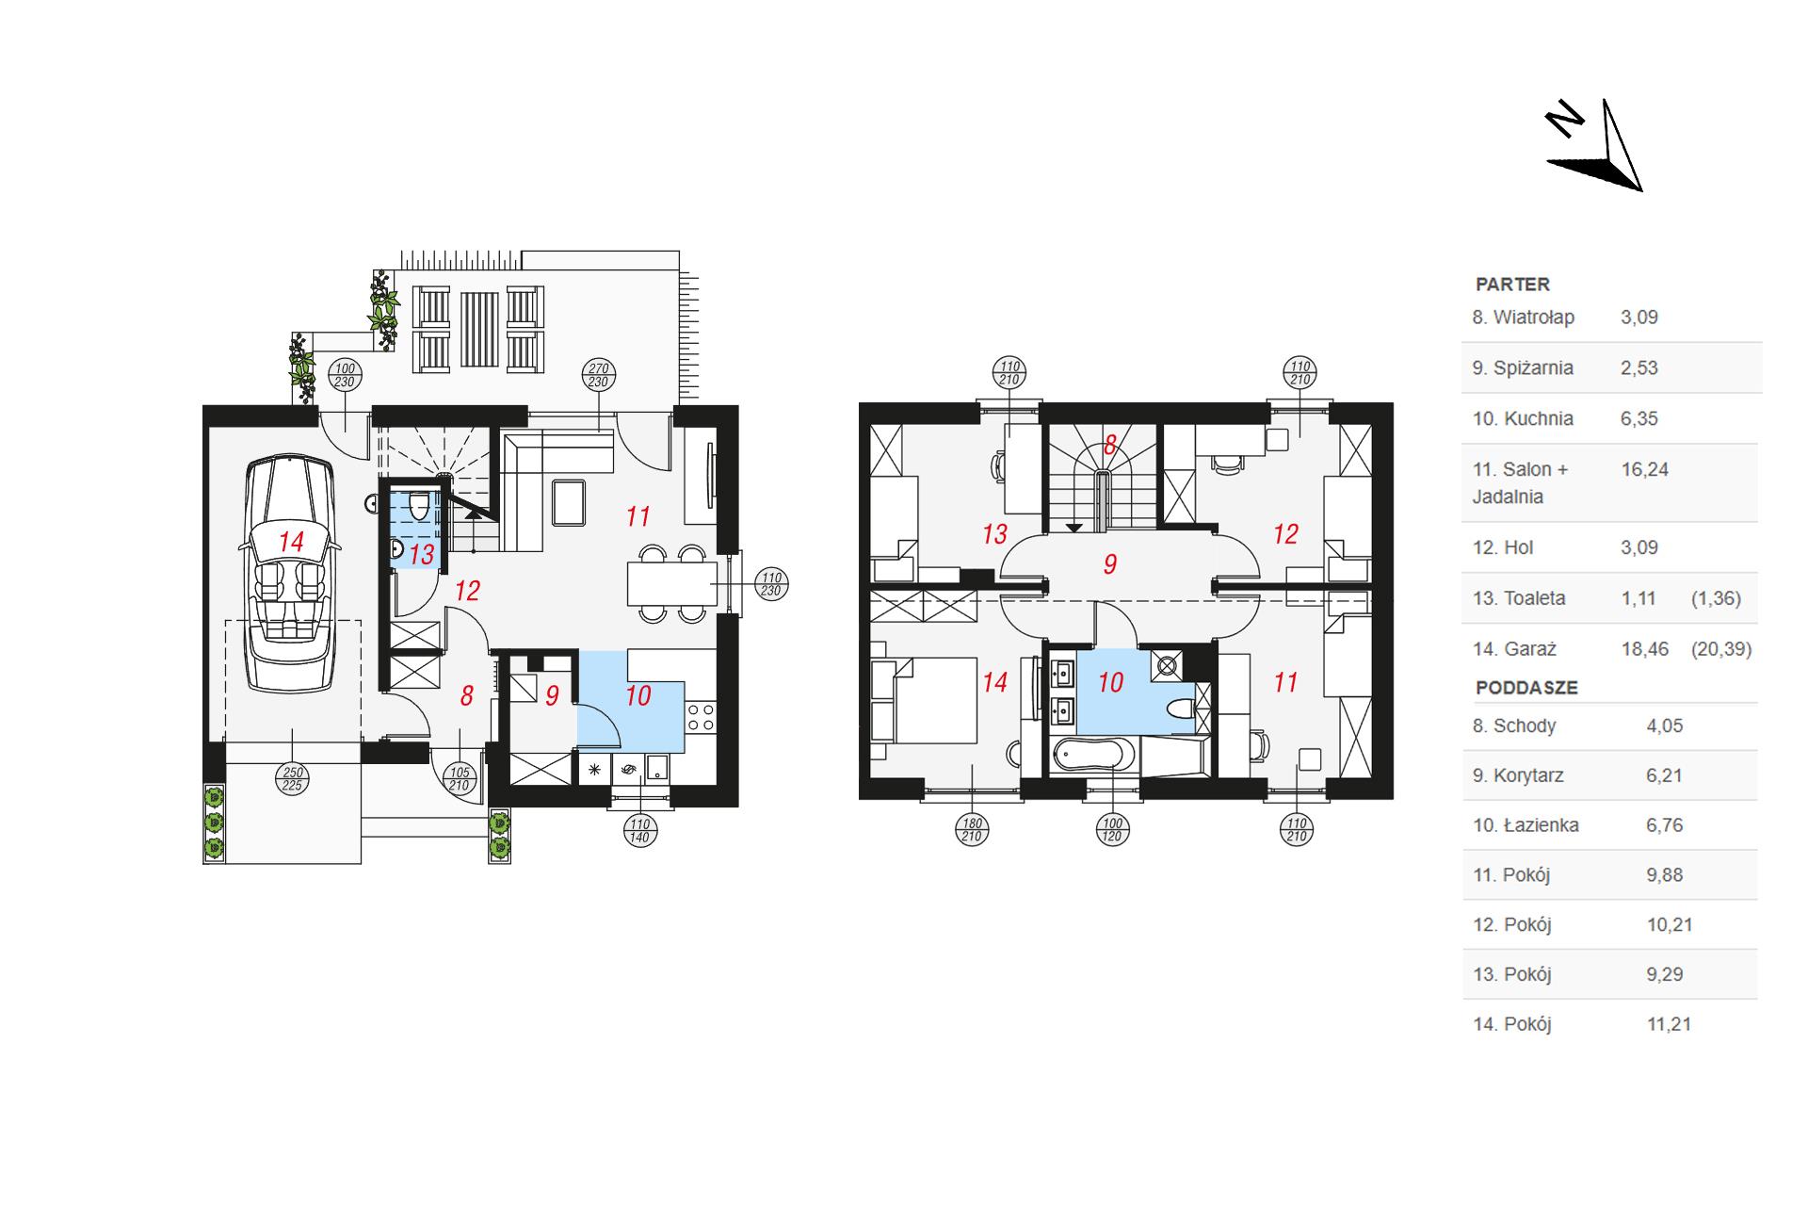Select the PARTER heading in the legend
(x=1512, y=284)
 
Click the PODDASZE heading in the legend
(x=1526, y=688)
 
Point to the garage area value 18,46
(x=1644, y=649)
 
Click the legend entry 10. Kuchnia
(x=1523, y=418)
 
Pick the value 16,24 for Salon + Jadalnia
(x=1644, y=469)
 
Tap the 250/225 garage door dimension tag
(x=292, y=778)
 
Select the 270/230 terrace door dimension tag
(x=599, y=376)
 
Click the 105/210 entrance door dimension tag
(x=459, y=778)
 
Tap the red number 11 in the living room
(x=638, y=516)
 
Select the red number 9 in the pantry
(x=552, y=696)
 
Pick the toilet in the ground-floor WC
(x=420, y=506)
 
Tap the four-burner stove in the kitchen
(x=701, y=717)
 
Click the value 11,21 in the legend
(x=1670, y=1024)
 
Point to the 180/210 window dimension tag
(x=972, y=830)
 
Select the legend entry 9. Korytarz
(x=1519, y=775)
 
